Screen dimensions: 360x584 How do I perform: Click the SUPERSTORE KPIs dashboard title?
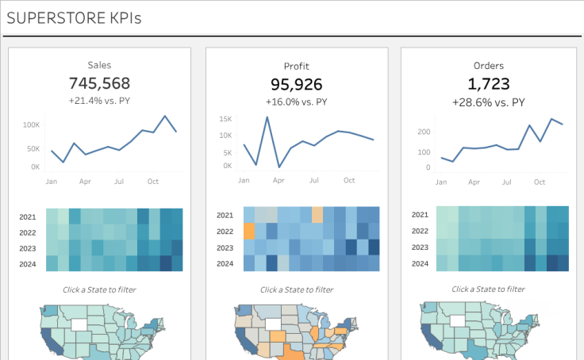(74, 18)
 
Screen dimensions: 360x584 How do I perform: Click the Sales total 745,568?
(99, 83)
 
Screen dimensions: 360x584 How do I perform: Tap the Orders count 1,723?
(488, 84)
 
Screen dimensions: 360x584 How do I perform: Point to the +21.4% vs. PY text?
(99, 101)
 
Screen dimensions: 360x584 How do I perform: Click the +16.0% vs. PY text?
(296, 102)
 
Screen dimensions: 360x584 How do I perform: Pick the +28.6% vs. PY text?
(488, 102)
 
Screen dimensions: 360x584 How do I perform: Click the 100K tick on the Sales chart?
(31, 125)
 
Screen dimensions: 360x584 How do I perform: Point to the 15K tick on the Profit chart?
(225, 119)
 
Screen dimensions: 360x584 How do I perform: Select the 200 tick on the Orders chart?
(424, 132)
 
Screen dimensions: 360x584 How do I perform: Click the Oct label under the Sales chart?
(152, 182)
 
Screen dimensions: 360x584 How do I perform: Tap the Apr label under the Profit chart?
(279, 181)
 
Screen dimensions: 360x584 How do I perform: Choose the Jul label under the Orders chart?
(506, 182)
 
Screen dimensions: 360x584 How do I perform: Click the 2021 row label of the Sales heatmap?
(28, 216)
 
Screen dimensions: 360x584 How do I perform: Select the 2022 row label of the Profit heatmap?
(225, 232)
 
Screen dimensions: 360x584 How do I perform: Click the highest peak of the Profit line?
(267, 117)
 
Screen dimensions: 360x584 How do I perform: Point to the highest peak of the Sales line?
(165, 117)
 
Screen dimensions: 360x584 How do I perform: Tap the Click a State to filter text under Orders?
(488, 289)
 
